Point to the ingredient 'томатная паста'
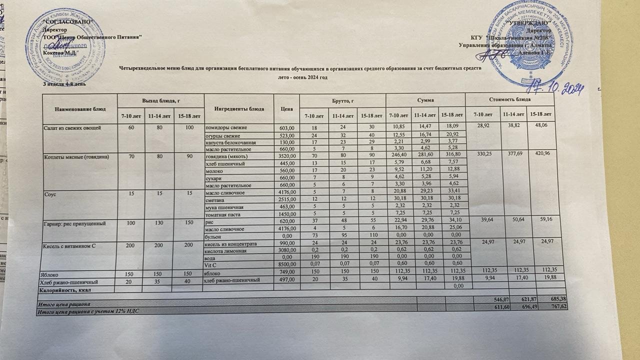coord(224,214)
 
